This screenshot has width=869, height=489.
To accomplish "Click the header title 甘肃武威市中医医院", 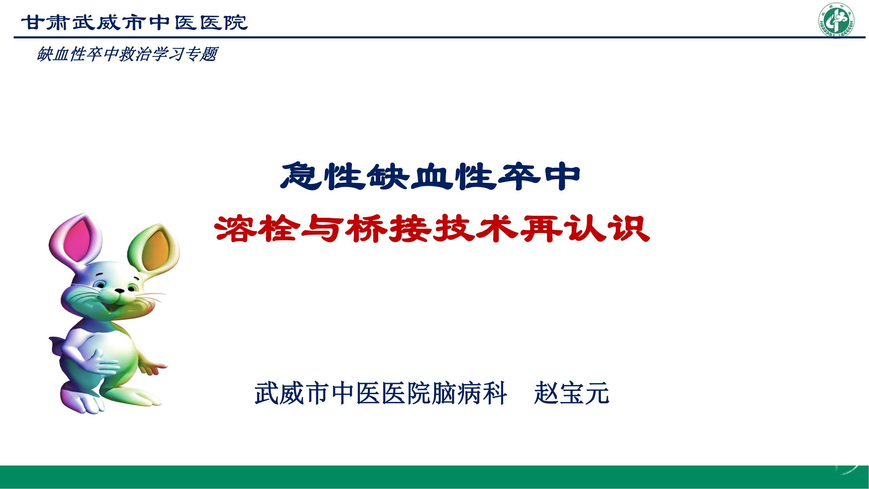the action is coord(135,22).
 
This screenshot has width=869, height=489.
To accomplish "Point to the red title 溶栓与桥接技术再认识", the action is coord(432,229).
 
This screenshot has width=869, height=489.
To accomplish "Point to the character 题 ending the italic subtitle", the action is coord(208,54).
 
